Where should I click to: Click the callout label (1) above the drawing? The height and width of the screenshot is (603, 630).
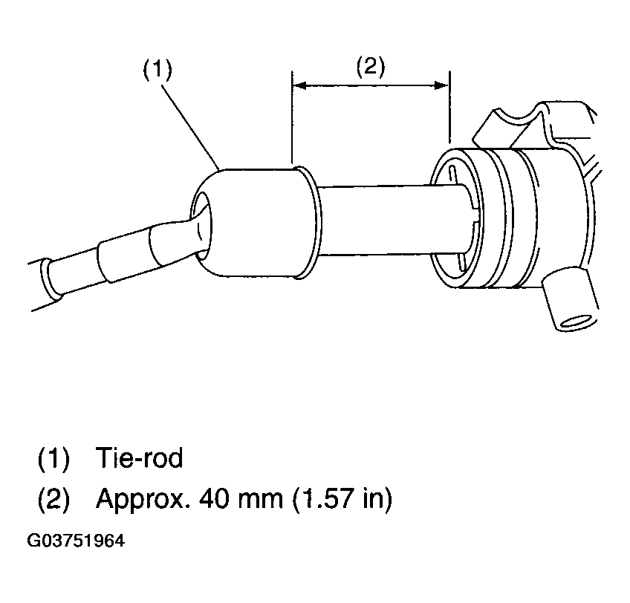tap(157, 69)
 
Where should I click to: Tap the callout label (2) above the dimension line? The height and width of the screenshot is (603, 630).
tap(371, 67)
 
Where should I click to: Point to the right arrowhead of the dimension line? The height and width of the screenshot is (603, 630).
tap(441, 85)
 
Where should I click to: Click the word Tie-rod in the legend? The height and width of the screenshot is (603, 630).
tap(139, 457)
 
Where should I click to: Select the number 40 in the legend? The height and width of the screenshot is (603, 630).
tap(214, 498)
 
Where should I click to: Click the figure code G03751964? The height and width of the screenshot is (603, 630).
tap(76, 541)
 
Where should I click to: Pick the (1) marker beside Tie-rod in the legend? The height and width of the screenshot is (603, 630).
tap(53, 458)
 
